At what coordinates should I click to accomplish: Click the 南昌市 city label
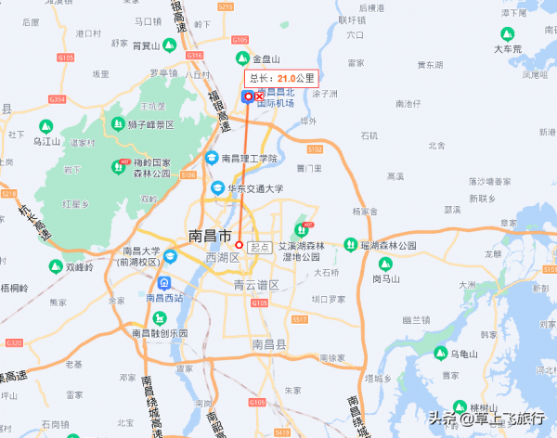pos(209,235)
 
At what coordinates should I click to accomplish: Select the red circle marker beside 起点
pos(240,245)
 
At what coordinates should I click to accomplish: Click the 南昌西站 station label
pos(163,298)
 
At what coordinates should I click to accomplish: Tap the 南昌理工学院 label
pos(249,159)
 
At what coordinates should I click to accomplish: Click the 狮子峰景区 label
pos(151,124)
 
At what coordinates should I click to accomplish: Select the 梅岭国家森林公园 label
pos(152,168)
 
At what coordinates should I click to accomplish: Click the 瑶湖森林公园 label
pos(387,246)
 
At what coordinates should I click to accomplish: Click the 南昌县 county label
pos(270,344)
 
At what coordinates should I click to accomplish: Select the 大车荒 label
pos(508,48)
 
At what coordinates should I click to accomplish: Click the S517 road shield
pos(299,319)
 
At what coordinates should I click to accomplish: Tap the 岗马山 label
pos(384,277)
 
